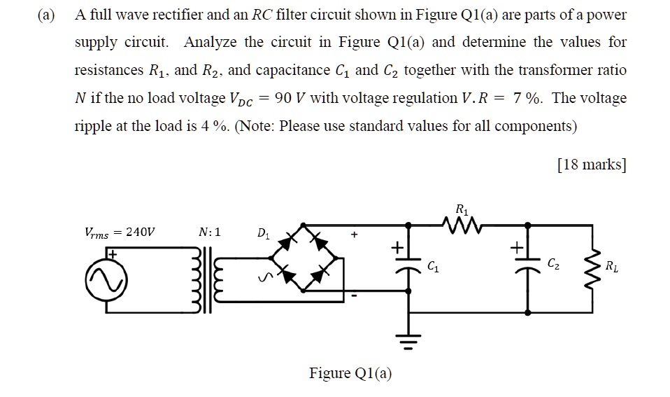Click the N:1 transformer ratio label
(x=209, y=232)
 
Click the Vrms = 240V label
(x=120, y=232)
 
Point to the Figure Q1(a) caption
(x=350, y=373)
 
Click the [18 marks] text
(x=591, y=165)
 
